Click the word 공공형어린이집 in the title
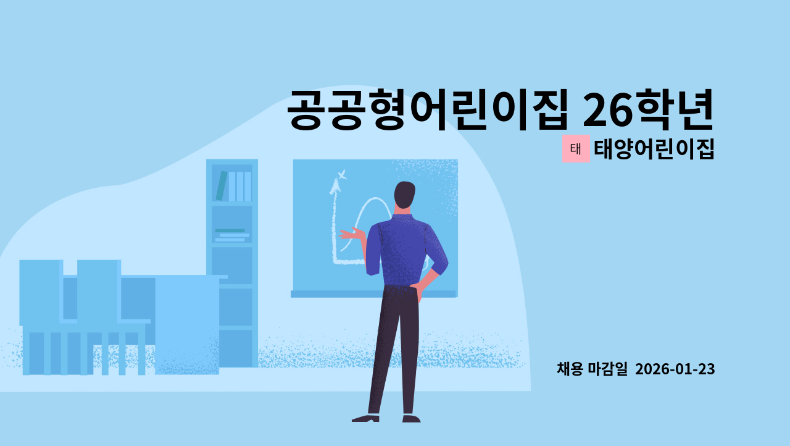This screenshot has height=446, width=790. click(426, 109)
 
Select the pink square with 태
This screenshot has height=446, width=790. click(576, 149)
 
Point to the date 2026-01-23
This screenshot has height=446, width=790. click(675, 369)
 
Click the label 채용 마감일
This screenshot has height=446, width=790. click(592, 369)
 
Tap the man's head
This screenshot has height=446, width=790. click(405, 196)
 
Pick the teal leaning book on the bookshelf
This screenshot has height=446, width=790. click(221, 186)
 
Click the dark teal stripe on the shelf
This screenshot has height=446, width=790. click(230, 230)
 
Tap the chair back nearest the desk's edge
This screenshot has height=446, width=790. click(98, 290)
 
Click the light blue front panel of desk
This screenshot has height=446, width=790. click(187, 324)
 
